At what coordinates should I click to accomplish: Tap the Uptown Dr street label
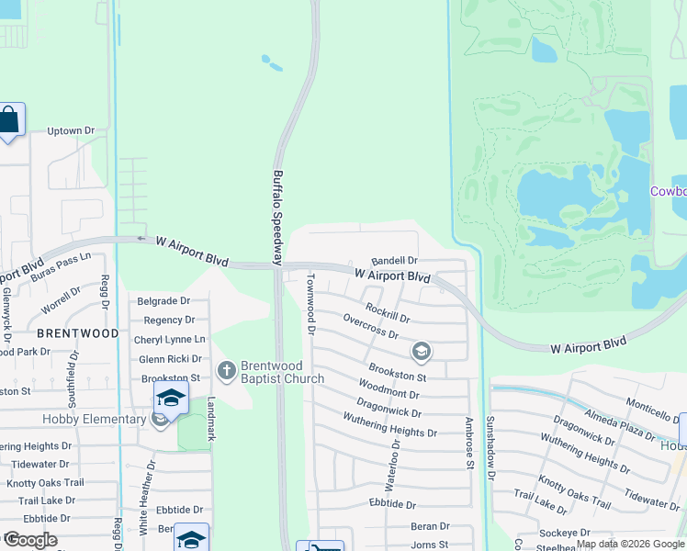(71, 131)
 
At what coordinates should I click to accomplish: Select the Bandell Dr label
(394, 262)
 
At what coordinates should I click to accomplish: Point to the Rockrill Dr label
(387, 312)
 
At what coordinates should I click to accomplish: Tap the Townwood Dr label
(310, 302)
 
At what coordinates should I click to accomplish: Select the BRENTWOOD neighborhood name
(77, 333)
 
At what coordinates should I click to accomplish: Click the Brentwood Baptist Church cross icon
(227, 370)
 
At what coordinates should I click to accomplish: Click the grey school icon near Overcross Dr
(422, 351)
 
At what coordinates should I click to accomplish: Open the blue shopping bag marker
(10, 120)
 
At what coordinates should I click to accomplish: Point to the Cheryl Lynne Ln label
(170, 339)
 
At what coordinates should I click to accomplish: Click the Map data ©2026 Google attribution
(630, 544)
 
